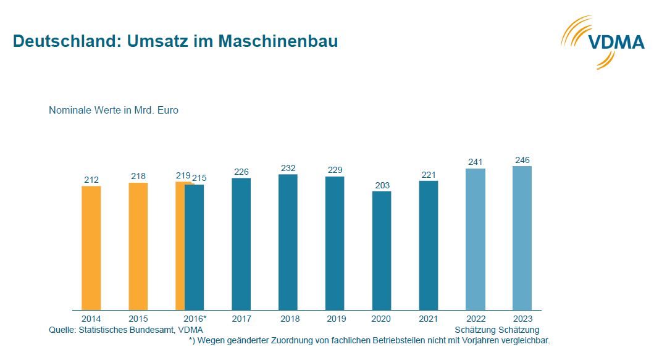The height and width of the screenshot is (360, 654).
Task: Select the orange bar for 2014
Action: pos(91,247)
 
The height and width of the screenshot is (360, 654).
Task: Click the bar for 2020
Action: pos(382,250)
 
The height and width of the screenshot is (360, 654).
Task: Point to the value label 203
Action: pos(382,185)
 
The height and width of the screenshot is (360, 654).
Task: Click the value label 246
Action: pos(522,161)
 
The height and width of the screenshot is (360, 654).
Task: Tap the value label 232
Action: pos(288,169)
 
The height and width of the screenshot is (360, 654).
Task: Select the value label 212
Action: pos(91,180)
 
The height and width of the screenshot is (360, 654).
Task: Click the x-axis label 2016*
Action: pos(195,319)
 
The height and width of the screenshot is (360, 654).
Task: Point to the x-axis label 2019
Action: pos(335,319)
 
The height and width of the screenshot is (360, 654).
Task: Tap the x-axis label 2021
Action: pos(429,319)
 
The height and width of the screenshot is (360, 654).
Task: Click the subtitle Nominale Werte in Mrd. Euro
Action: pos(114,111)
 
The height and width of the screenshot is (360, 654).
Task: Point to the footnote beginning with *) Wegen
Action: pos(369,340)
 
